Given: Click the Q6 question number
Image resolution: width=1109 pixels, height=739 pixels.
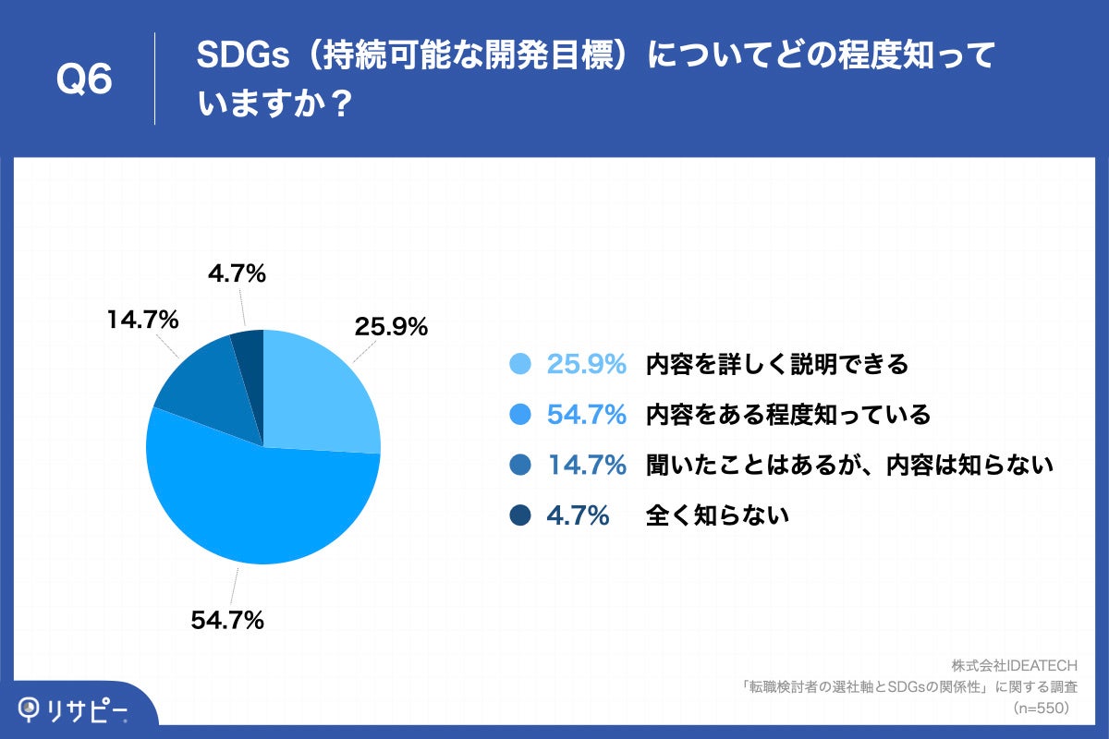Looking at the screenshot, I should click(x=84, y=79).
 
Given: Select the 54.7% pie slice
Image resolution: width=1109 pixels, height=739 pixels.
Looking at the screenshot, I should click(x=259, y=503).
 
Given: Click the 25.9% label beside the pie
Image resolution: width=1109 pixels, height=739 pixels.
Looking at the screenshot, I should click(x=390, y=326).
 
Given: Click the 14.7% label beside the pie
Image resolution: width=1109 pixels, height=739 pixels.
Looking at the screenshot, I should click(x=142, y=320).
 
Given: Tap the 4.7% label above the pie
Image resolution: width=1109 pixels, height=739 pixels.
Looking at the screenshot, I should click(x=237, y=273).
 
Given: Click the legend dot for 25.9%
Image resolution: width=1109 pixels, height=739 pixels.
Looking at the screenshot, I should click(x=520, y=365).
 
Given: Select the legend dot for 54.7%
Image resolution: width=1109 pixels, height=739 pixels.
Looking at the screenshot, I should click(x=520, y=416).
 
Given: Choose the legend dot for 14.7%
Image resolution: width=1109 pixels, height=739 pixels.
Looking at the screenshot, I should click(x=520, y=466).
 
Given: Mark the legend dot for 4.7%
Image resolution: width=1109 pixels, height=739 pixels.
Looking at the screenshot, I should click(x=520, y=516).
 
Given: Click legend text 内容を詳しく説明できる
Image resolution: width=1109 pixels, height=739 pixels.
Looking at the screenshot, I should click(x=777, y=365).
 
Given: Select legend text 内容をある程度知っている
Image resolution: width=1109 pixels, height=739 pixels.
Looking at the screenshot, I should click(x=787, y=416).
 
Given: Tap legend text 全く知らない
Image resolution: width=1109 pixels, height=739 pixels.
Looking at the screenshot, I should click(x=717, y=516).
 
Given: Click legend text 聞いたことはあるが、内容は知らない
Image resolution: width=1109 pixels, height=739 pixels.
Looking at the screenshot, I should click(x=849, y=466).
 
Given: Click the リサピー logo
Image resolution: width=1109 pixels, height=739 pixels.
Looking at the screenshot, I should click(x=73, y=709).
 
